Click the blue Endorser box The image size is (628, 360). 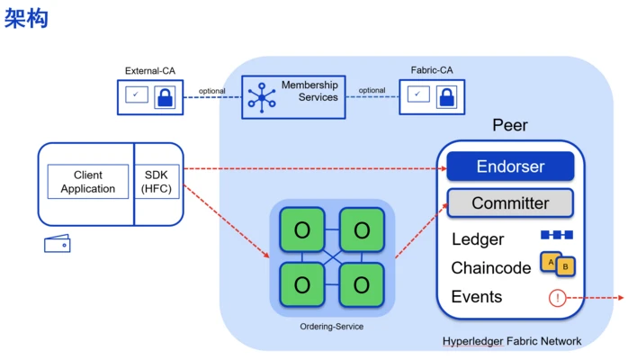[x=510, y=166]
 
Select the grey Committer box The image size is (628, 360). [x=510, y=202]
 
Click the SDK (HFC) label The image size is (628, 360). [x=157, y=182]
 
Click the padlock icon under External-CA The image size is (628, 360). [x=165, y=96]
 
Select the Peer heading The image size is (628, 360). [x=509, y=126]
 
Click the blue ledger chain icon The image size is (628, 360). [x=556, y=235]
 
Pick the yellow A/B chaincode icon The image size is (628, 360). [x=557, y=264]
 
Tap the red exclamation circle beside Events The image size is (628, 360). [x=557, y=298]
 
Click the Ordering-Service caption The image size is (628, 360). [x=332, y=326]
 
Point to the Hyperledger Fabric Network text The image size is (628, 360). [x=512, y=342]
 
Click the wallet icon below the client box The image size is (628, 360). [x=58, y=244]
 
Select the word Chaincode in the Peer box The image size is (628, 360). [x=491, y=268]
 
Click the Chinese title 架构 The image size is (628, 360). [x=25, y=19]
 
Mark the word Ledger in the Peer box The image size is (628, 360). [x=478, y=239]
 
